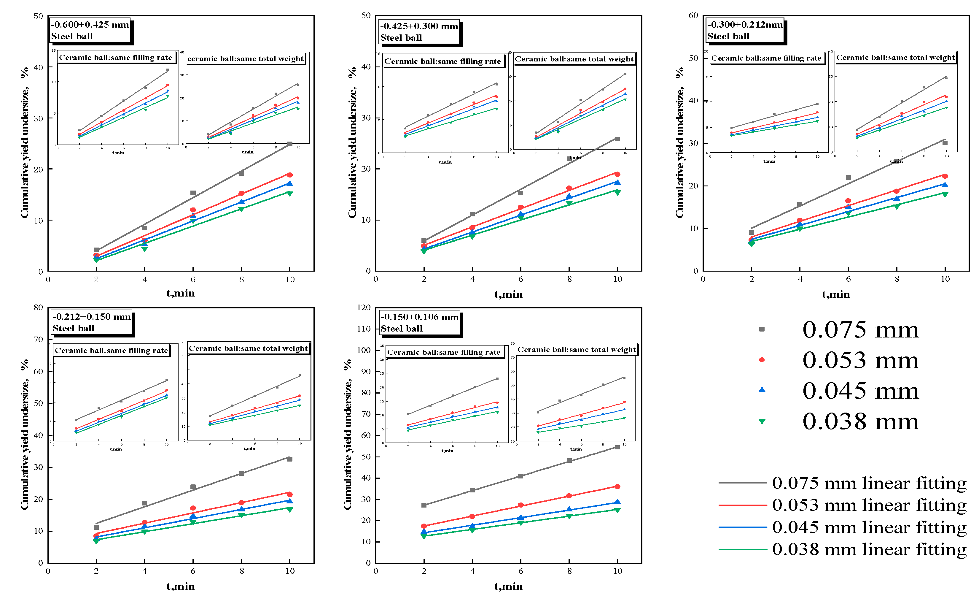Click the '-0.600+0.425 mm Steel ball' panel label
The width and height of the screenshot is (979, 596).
(90, 30)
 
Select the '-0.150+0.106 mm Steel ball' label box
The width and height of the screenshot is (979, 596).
(420, 322)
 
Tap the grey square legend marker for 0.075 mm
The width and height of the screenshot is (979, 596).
(762, 329)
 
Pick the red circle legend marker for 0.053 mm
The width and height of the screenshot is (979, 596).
(762, 360)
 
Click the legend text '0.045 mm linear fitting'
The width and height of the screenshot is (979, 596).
(869, 527)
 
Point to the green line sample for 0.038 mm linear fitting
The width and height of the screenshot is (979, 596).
(742, 549)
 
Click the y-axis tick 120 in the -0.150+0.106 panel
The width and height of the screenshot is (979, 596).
(364, 307)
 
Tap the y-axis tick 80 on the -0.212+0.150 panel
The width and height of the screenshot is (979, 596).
(38, 307)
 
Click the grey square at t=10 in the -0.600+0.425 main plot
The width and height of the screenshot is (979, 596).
(290, 144)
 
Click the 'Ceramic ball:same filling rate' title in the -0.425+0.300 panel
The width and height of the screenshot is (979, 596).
(442, 61)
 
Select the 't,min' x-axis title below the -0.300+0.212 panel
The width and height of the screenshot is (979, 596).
(835, 294)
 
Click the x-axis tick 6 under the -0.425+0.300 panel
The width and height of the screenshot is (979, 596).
(520, 279)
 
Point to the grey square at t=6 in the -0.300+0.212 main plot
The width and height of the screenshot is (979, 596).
(848, 177)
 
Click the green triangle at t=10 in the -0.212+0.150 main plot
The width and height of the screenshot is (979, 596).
(290, 510)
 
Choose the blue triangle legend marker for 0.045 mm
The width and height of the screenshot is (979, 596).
(762, 390)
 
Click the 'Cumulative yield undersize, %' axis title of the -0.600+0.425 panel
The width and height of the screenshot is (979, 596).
(25, 143)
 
